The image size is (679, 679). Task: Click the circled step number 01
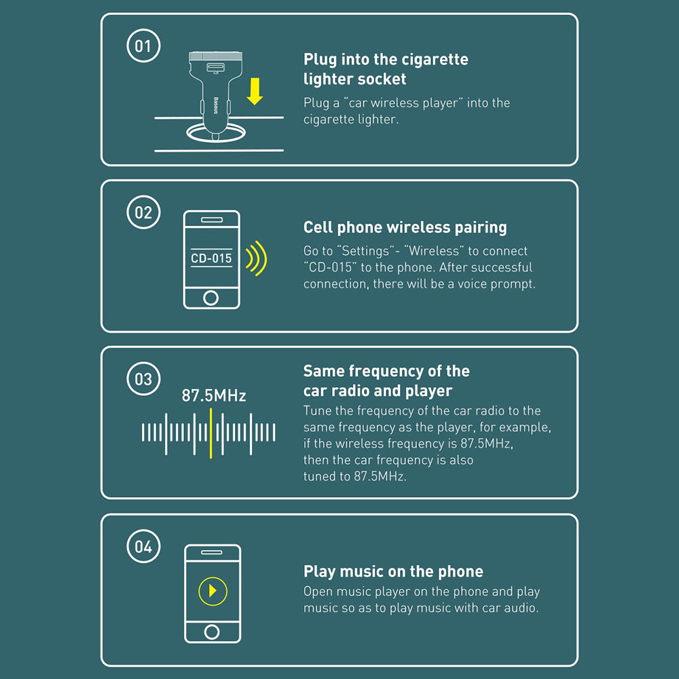pyautogui.click(x=143, y=45)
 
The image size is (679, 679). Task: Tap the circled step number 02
pyautogui.click(x=143, y=212)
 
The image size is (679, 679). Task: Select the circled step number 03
pyautogui.click(x=143, y=379)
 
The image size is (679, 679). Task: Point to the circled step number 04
pyautogui.click(x=143, y=546)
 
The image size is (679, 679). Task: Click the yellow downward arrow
pyautogui.click(x=255, y=92)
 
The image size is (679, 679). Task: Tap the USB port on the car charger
pyautogui.click(x=215, y=67)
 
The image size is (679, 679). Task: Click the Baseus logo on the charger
pyautogui.click(x=216, y=105)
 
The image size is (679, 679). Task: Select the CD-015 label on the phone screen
pyautogui.click(x=211, y=258)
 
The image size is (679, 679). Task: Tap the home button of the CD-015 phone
pyautogui.click(x=211, y=297)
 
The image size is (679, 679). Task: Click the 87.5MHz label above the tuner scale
pyautogui.click(x=214, y=395)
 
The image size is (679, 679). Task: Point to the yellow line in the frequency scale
pyautogui.click(x=211, y=433)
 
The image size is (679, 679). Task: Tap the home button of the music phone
pyautogui.click(x=212, y=631)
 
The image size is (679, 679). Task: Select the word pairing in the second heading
pyautogui.click(x=481, y=227)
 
